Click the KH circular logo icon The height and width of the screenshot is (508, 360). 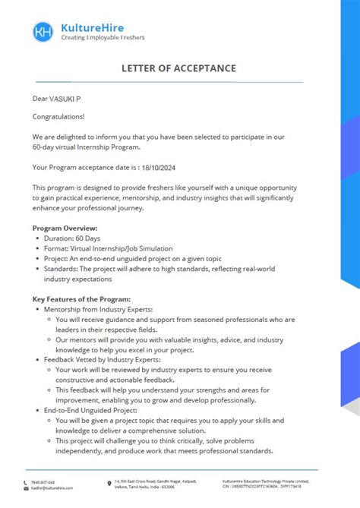click(x=43, y=31)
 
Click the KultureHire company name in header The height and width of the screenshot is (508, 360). click(x=93, y=26)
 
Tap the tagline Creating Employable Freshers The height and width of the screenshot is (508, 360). click(x=102, y=37)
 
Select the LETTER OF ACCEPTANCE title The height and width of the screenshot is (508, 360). click(x=178, y=68)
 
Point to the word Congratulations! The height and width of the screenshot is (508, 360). click(x=58, y=117)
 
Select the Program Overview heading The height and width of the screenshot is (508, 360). click(x=65, y=228)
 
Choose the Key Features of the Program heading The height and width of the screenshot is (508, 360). click(x=81, y=299)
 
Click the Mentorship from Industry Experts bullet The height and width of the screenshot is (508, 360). click(x=98, y=310)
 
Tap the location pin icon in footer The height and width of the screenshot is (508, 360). click(x=109, y=481)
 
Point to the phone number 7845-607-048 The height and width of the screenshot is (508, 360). click(x=43, y=481)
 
